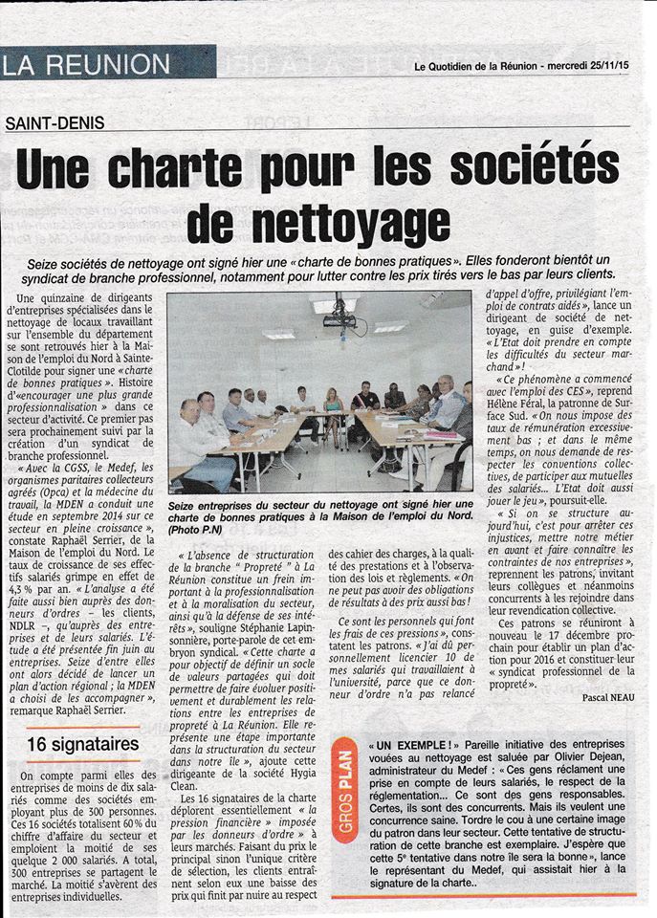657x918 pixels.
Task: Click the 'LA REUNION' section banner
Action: [89, 65]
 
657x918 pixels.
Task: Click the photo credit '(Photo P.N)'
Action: [197, 529]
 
